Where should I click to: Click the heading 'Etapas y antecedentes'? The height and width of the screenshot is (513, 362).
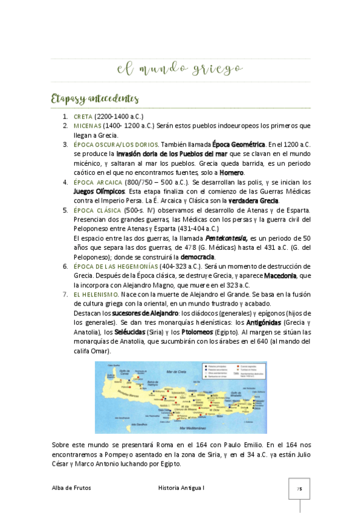tap(95, 99)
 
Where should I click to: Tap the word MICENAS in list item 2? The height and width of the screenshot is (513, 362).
tap(85, 126)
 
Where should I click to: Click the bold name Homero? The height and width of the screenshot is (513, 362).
tap(231, 172)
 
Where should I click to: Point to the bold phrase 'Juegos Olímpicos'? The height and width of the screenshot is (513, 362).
tap(95, 191)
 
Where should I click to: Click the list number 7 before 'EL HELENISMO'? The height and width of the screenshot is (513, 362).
tap(66, 294)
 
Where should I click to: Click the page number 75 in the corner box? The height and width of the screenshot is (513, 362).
tap(299, 488)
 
